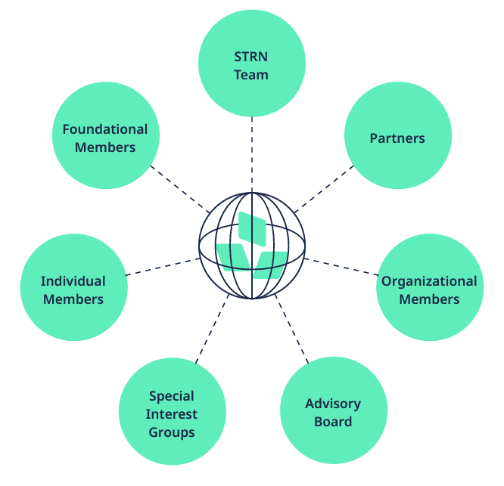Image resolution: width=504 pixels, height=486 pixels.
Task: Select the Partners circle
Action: tap(398, 137)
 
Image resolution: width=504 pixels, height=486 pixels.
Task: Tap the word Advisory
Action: tap(333, 404)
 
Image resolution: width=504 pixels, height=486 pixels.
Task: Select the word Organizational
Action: tap(429, 281)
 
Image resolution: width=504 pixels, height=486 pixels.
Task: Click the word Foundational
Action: tap(105, 128)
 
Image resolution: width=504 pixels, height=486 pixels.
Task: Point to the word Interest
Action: tap(172, 414)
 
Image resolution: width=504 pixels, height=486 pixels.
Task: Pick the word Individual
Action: tap(73, 281)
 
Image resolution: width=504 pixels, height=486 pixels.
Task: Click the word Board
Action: tap(333, 421)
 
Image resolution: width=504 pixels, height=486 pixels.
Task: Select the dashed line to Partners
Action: tap(323, 187)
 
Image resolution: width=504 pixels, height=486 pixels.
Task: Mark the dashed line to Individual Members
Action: tap(163, 266)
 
